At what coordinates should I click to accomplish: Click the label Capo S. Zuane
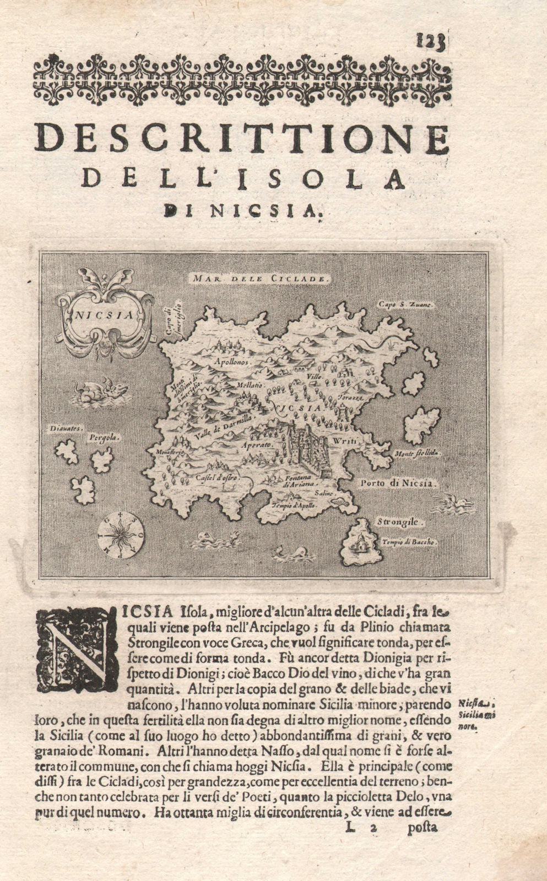pos(407,303)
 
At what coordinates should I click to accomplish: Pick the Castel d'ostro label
pos(216,477)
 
